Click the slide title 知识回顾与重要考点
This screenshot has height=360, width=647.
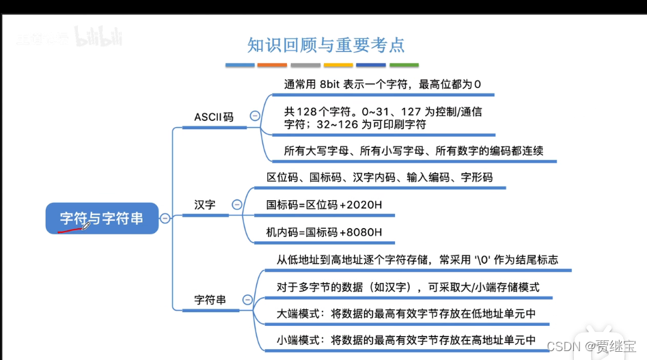click(x=326, y=46)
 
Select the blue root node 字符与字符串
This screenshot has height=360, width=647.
click(x=102, y=219)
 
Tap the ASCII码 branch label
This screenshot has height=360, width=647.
click(x=213, y=117)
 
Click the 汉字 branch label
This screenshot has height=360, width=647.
click(x=204, y=204)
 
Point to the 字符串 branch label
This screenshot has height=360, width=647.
click(x=210, y=300)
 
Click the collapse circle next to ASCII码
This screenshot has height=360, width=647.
click(x=255, y=116)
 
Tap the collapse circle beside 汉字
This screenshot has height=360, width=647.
click(x=237, y=204)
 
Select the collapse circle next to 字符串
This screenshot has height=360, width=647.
click(x=247, y=300)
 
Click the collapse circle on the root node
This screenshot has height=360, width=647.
click(x=165, y=219)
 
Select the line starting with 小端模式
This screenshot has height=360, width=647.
click(x=405, y=340)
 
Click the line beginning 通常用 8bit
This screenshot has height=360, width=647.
click(x=383, y=85)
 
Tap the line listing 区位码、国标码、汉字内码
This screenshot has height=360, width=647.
click(x=379, y=178)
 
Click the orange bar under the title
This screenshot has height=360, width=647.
click(x=272, y=66)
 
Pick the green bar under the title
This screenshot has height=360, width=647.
click(x=404, y=66)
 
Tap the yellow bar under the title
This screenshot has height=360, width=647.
click(x=338, y=66)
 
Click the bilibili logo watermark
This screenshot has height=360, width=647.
click(x=98, y=36)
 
